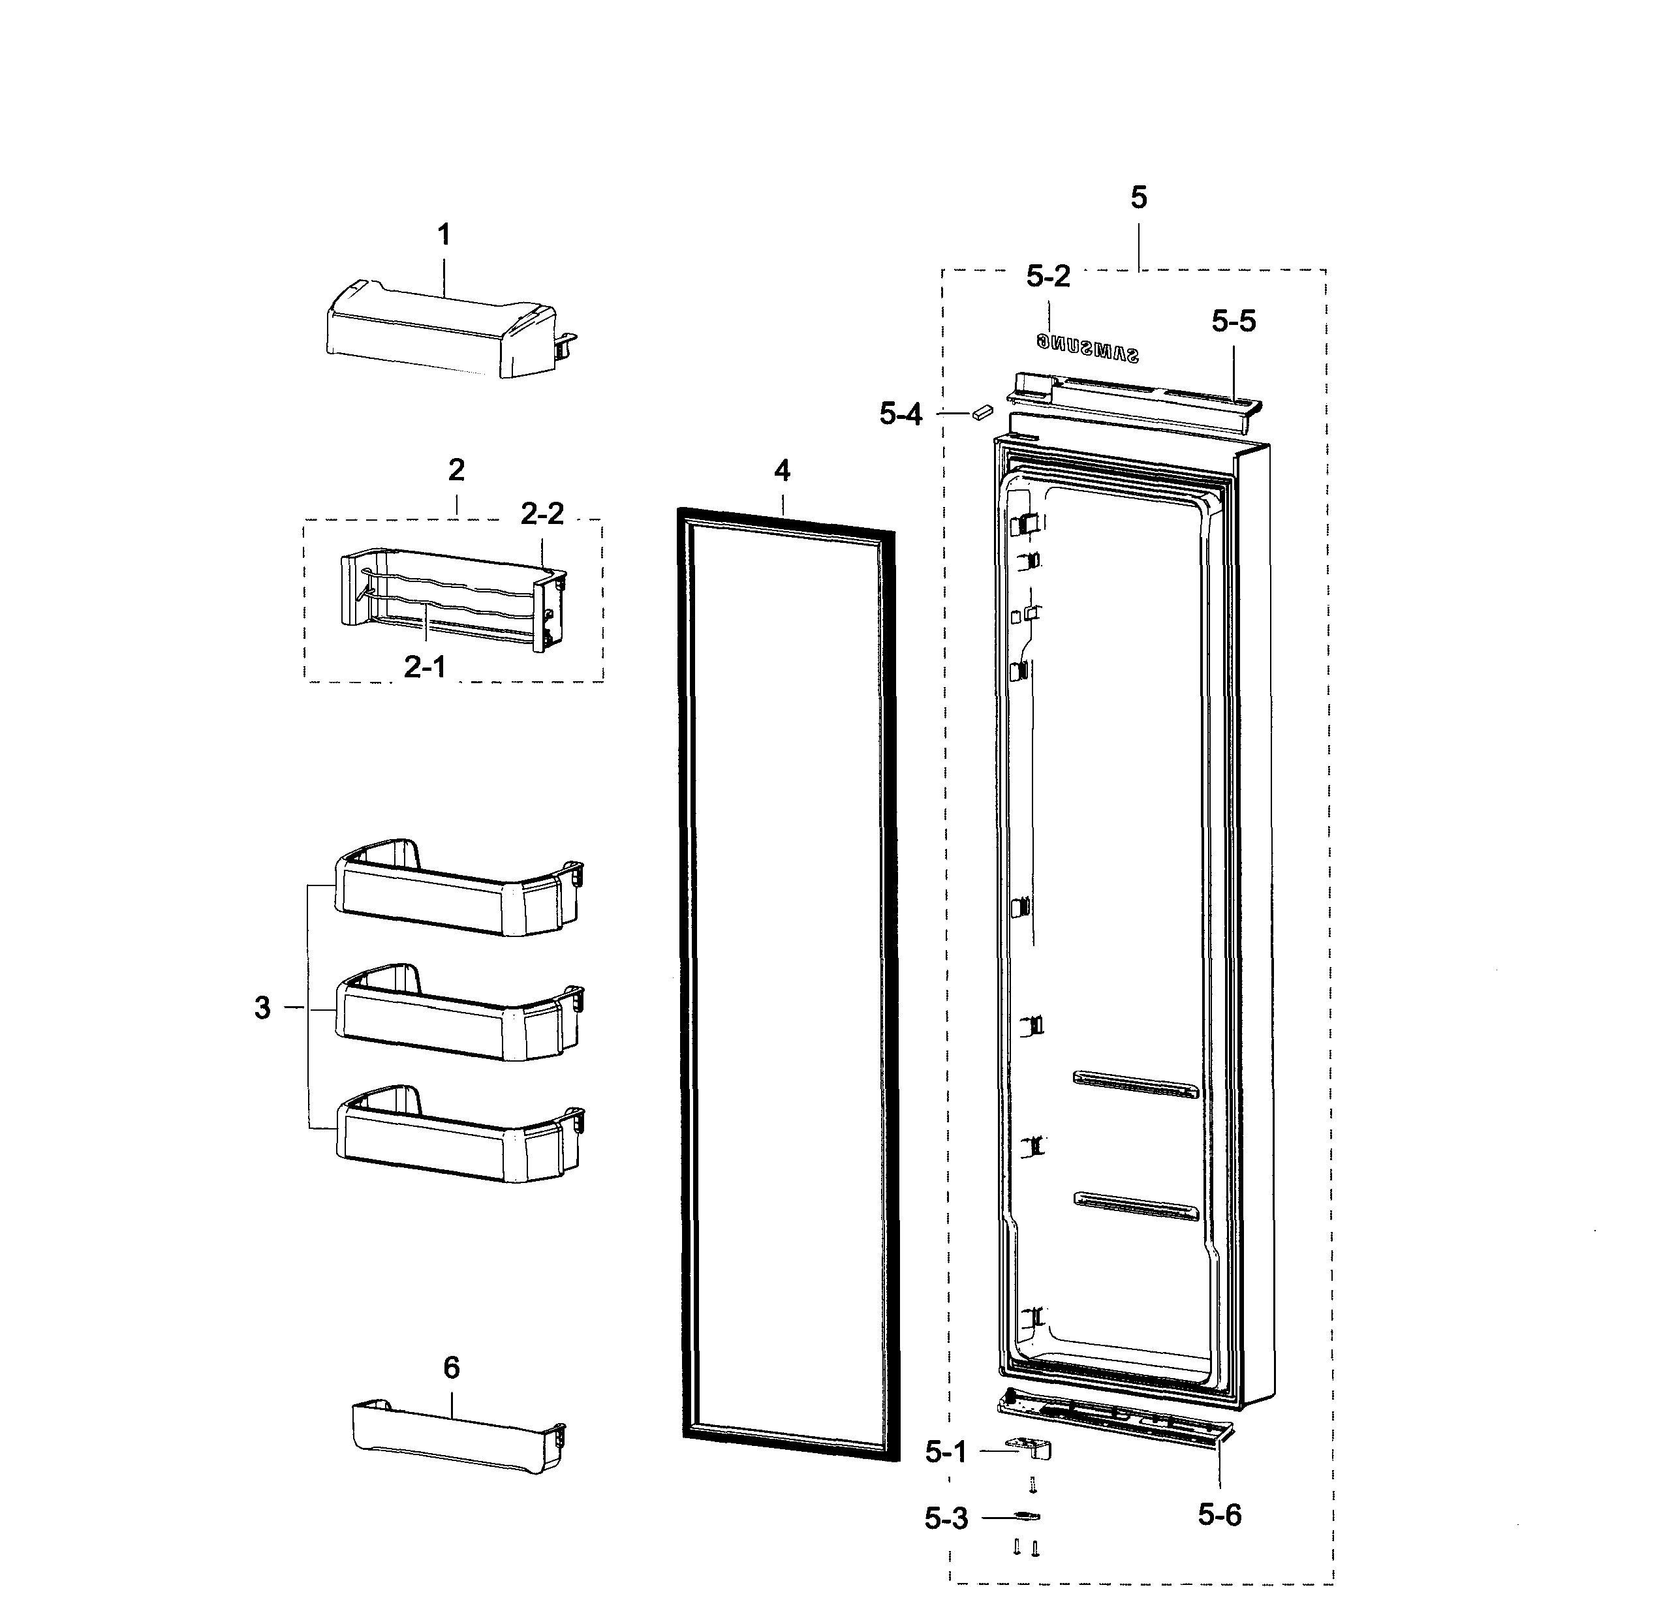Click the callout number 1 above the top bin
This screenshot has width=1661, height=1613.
click(443, 235)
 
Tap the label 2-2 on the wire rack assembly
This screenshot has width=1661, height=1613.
click(542, 514)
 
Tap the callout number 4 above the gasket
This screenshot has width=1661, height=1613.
click(781, 471)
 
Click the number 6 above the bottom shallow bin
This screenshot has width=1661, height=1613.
click(451, 1367)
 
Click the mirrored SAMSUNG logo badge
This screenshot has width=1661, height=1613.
click(1087, 347)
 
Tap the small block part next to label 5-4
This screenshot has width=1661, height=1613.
click(982, 412)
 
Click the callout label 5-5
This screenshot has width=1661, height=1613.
click(1233, 321)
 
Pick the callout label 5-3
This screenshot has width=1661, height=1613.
click(946, 1519)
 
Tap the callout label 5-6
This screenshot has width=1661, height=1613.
click(1219, 1514)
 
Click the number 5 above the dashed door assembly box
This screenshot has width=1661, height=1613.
click(1138, 198)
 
